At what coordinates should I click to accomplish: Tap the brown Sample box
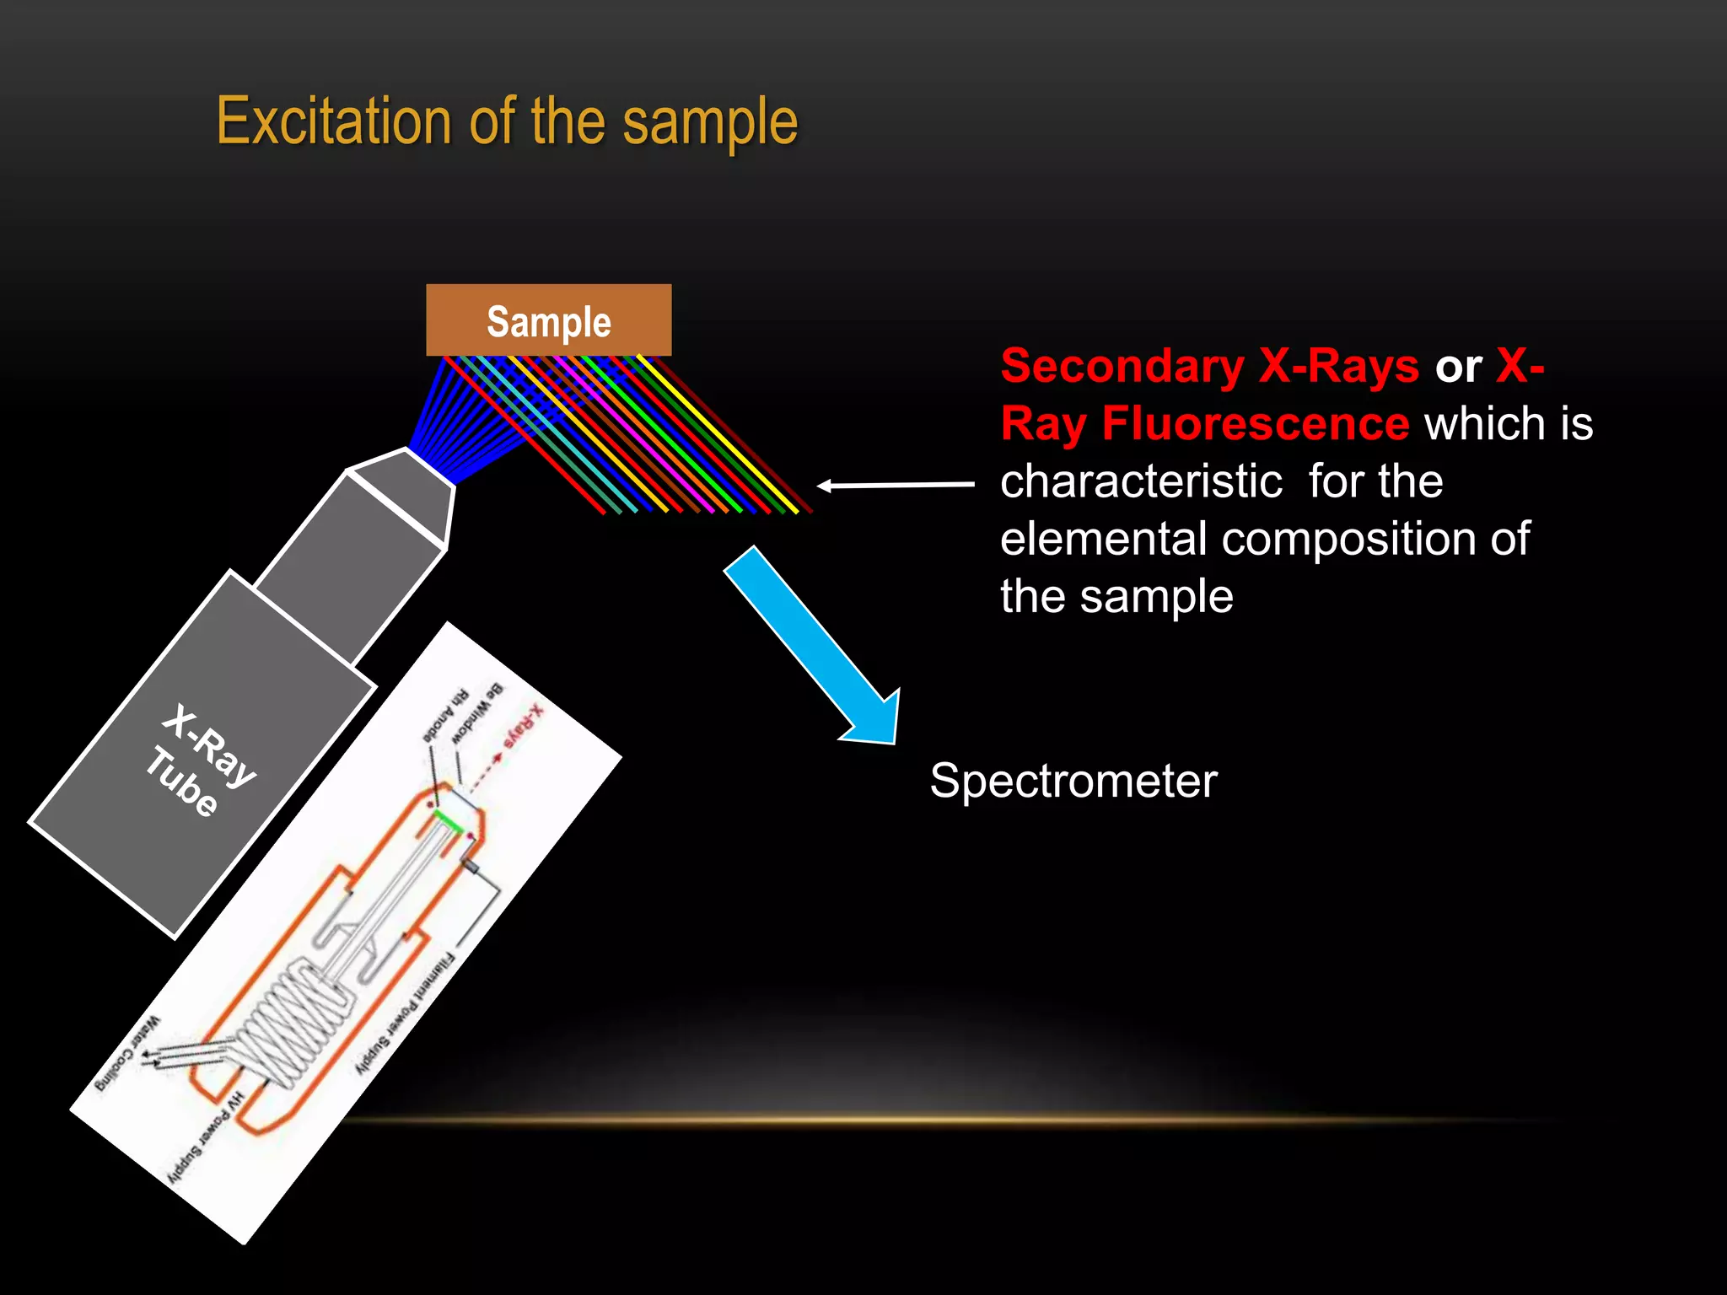(x=549, y=321)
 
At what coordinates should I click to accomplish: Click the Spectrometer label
(x=1073, y=781)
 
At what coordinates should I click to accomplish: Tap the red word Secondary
(x=1122, y=366)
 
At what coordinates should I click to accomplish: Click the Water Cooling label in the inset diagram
(x=126, y=1055)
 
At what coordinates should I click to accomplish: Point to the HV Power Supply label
(x=206, y=1138)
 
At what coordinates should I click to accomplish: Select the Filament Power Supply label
(x=404, y=1012)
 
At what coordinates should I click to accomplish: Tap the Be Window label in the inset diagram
(x=476, y=713)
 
